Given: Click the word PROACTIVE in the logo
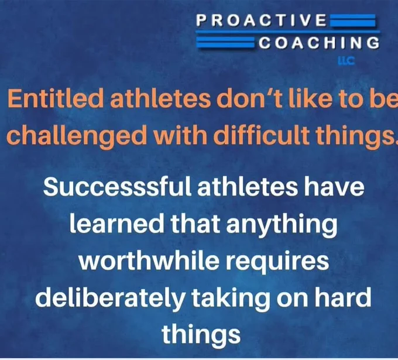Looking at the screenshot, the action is [x=262, y=20].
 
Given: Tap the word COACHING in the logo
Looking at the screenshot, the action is [x=320, y=43].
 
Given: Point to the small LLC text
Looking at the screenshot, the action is [x=346, y=61].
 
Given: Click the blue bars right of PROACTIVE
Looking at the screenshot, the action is [x=352, y=20].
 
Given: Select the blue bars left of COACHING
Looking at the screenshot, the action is [x=226, y=42].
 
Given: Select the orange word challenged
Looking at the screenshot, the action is [x=77, y=135].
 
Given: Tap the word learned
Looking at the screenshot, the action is [x=116, y=223].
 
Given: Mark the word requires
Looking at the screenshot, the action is [x=277, y=262].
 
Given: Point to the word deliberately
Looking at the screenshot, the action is [x=109, y=299].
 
